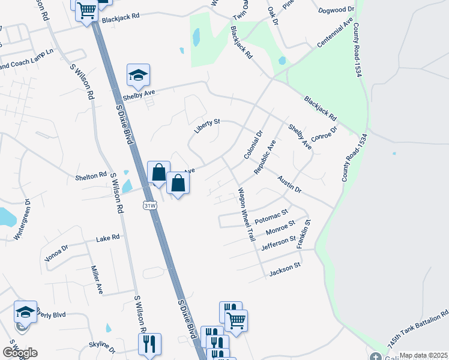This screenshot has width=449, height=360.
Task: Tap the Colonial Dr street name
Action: tap(254, 145)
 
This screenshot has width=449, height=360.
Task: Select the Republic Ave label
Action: tap(265, 157)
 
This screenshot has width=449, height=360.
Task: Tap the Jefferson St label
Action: tap(278, 243)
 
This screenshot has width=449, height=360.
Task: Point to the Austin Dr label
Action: tap(289, 184)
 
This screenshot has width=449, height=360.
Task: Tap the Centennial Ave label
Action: tap(335, 35)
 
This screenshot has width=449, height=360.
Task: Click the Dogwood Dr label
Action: tap(337, 10)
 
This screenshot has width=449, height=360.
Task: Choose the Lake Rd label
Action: tap(108, 239)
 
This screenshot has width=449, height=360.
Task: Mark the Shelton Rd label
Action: tap(91, 176)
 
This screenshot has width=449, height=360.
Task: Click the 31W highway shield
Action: tap(150, 206)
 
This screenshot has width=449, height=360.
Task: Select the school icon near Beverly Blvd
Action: tap(25, 312)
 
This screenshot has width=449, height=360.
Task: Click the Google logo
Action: tap(20, 353)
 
